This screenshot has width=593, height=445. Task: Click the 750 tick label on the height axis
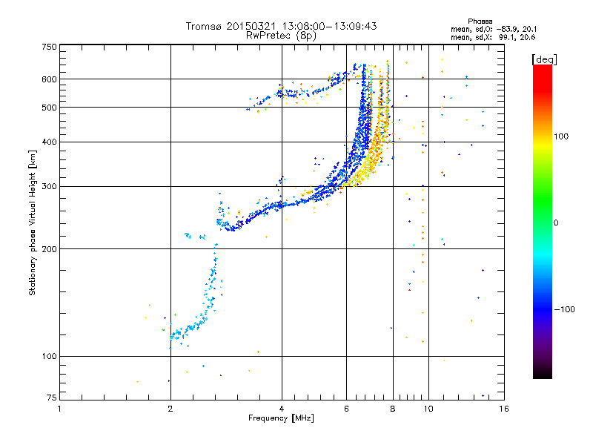(49, 47)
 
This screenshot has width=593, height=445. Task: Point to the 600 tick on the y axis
(49, 79)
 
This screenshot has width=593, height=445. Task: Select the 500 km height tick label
(49, 107)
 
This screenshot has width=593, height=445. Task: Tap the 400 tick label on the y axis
(49, 142)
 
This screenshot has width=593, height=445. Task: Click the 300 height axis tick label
(49, 186)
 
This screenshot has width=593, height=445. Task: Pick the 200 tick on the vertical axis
(49, 248)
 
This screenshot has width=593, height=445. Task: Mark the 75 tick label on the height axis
(51, 398)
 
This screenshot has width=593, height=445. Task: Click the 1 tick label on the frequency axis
(59, 409)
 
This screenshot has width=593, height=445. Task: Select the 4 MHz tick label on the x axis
(282, 409)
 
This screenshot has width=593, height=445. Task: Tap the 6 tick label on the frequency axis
(346, 409)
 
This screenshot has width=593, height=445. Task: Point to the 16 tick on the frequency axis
(503, 409)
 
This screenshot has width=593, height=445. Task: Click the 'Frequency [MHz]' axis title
(281, 419)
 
